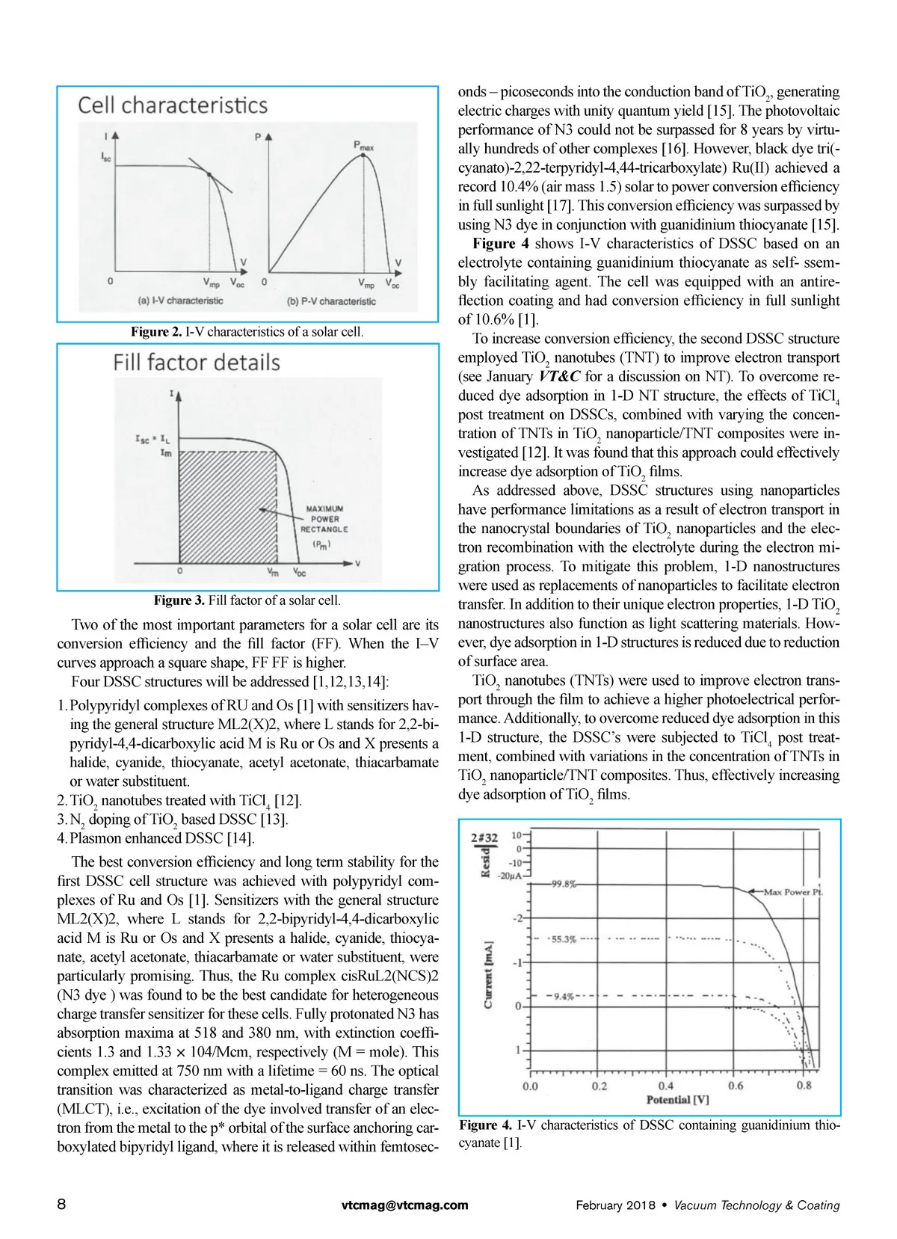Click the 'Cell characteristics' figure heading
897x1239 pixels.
click(x=173, y=105)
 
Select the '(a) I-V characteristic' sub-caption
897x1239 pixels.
click(x=181, y=301)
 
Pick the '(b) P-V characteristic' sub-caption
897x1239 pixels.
click(x=331, y=301)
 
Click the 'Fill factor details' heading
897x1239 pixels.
click(x=197, y=363)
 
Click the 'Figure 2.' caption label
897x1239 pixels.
click(x=156, y=332)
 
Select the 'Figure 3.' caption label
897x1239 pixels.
click(x=179, y=600)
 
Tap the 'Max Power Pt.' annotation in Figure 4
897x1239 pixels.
click(x=792, y=891)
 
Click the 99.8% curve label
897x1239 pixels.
click(x=564, y=884)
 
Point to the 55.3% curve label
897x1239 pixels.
click(x=564, y=939)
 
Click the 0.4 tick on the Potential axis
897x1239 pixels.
click(x=666, y=1086)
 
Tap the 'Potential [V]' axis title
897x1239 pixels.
click(x=677, y=1100)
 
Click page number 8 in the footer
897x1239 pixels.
click(x=61, y=1205)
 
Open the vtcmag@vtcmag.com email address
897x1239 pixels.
click(x=404, y=1205)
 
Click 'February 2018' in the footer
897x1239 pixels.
click(x=615, y=1205)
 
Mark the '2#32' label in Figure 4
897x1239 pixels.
click(x=484, y=837)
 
